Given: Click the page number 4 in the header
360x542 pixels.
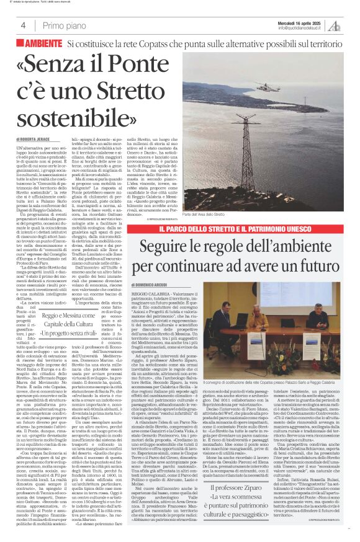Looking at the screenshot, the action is [x=23, y=25].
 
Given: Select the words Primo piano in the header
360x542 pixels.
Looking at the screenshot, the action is [x=66, y=25].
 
